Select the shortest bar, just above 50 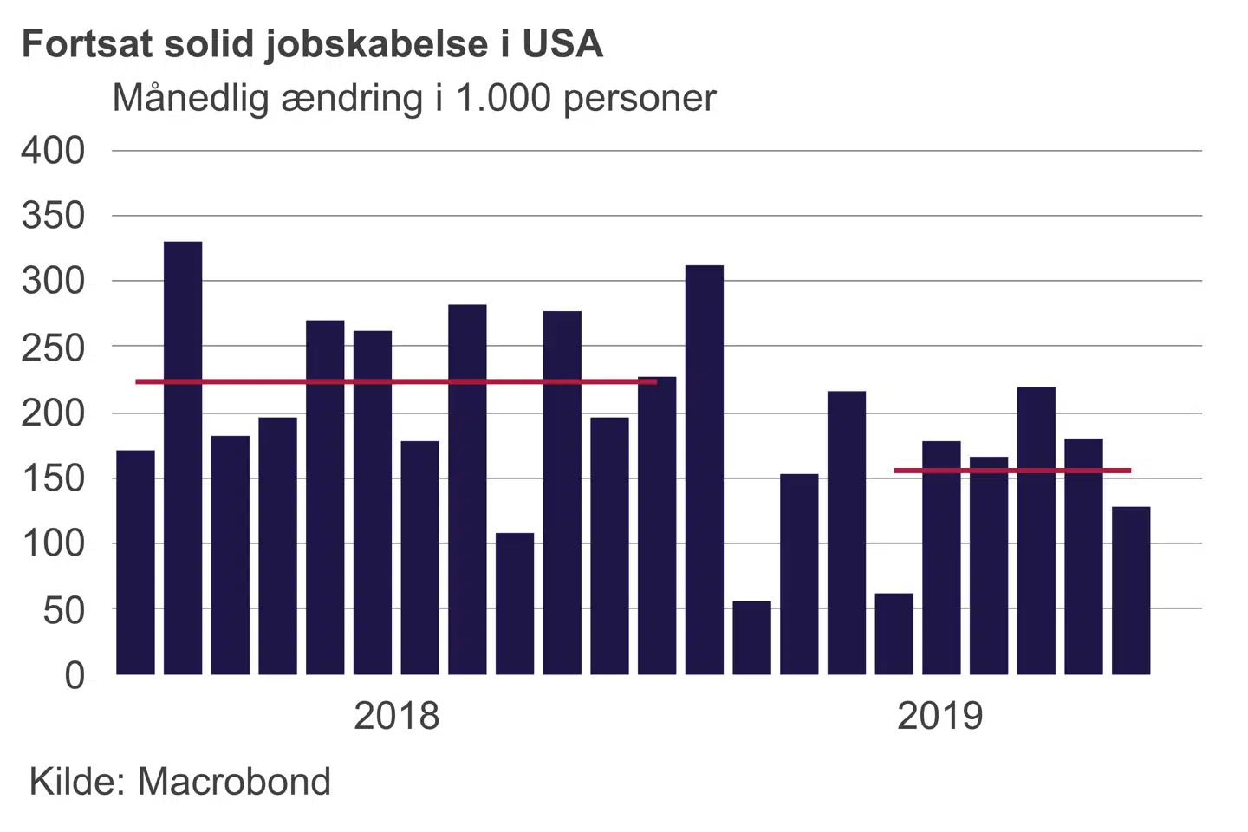pos(751,638)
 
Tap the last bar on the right pos(1131,591)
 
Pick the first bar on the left pos(135,562)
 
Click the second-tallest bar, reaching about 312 pos(705,470)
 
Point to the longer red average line pos(395,381)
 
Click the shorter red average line pos(1012,471)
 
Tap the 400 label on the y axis pos(53,151)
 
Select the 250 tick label pos(53,348)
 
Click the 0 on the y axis pos(75,675)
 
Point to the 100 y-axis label pos(53,544)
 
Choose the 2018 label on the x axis pos(397,717)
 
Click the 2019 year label pos(940,717)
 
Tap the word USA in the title pos(562,44)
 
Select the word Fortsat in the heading pos(87,44)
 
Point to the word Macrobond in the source pos(234,782)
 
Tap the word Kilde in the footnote pos(78,782)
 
